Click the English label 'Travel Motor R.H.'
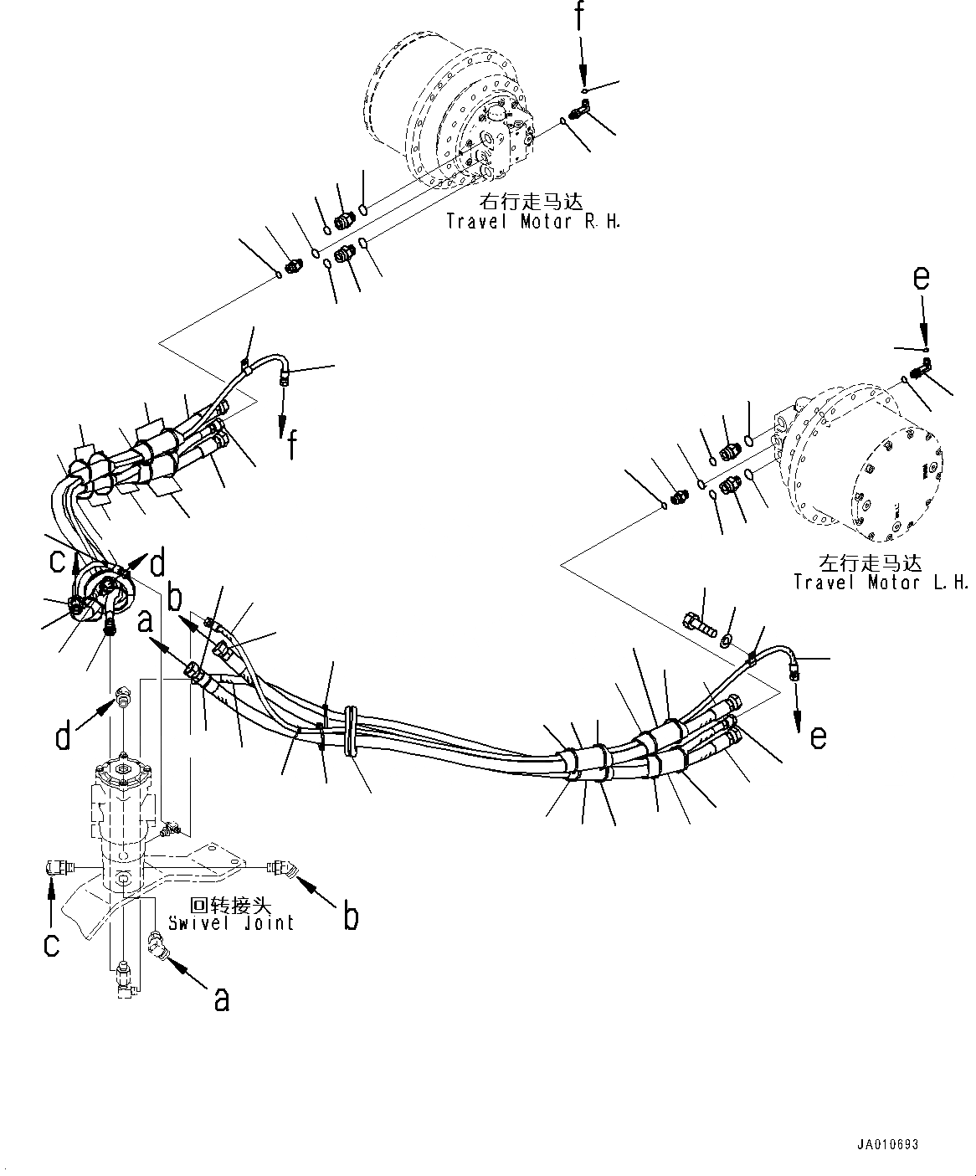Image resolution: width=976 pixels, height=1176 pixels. (533, 222)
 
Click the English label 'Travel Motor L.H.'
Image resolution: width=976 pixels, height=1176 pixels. (881, 582)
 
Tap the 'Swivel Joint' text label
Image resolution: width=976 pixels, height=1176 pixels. (231, 923)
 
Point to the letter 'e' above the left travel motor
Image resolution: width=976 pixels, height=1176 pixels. (921, 279)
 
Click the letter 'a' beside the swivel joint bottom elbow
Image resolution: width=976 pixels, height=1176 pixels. (221, 998)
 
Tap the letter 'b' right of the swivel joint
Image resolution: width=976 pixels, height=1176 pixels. (351, 917)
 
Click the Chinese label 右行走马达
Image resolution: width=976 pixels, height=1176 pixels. (531, 202)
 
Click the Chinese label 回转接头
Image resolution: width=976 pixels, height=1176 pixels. (220, 905)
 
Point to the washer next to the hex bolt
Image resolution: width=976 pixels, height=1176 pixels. (725, 640)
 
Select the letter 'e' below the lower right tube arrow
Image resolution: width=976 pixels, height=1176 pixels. (818, 736)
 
